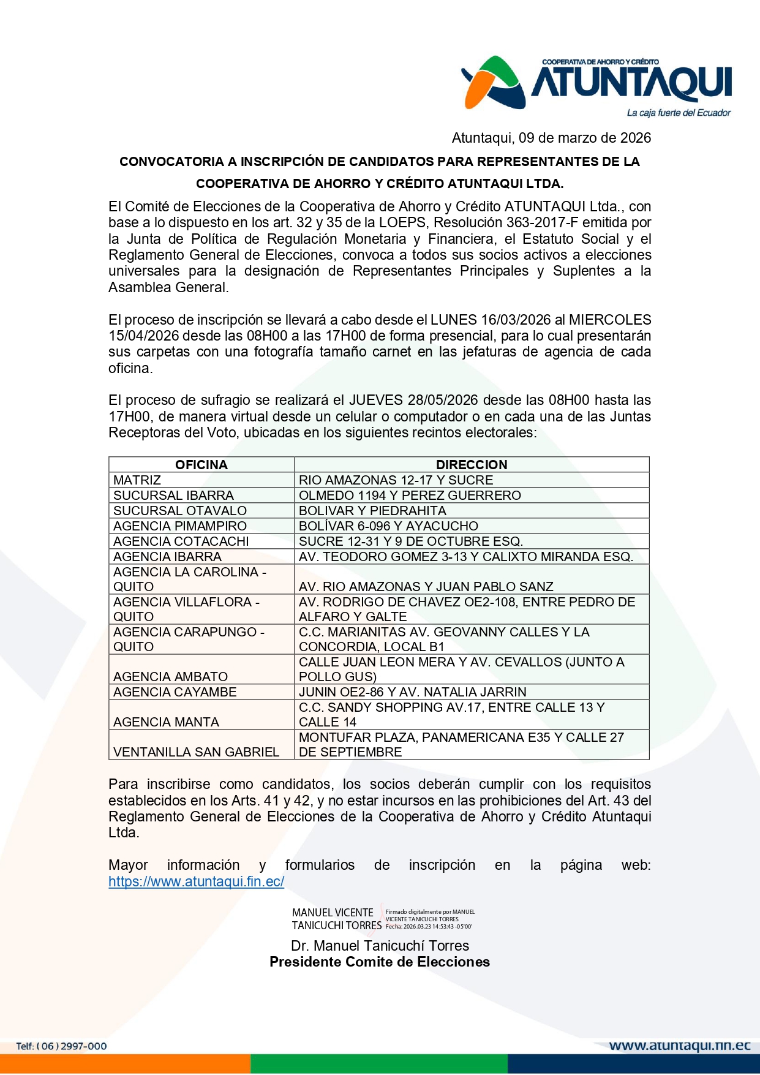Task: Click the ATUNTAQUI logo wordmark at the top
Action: (x=631, y=83)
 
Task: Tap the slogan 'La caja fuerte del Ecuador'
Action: (x=678, y=113)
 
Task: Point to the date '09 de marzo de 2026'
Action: (x=585, y=138)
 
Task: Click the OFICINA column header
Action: (x=201, y=465)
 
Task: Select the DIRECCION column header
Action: (x=472, y=465)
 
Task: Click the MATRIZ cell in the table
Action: (x=137, y=480)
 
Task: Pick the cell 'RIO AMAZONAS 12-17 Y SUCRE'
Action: (x=396, y=480)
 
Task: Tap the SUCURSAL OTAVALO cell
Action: (x=180, y=511)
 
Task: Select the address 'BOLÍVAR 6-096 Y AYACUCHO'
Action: (x=388, y=526)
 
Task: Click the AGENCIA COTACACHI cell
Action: (x=181, y=541)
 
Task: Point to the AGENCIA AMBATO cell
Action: (x=170, y=677)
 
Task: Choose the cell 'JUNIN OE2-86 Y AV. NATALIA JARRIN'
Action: (x=412, y=692)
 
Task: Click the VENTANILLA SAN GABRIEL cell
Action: (x=196, y=752)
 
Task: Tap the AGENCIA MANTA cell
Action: (x=166, y=722)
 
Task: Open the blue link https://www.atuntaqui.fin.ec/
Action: (x=196, y=881)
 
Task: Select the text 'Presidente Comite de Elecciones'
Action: (x=380, y=962)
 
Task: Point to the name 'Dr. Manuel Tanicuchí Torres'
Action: (x=380, y=946)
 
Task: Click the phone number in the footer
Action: (x=61, y=1046)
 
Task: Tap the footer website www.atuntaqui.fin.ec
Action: (x=680, y=1046)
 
